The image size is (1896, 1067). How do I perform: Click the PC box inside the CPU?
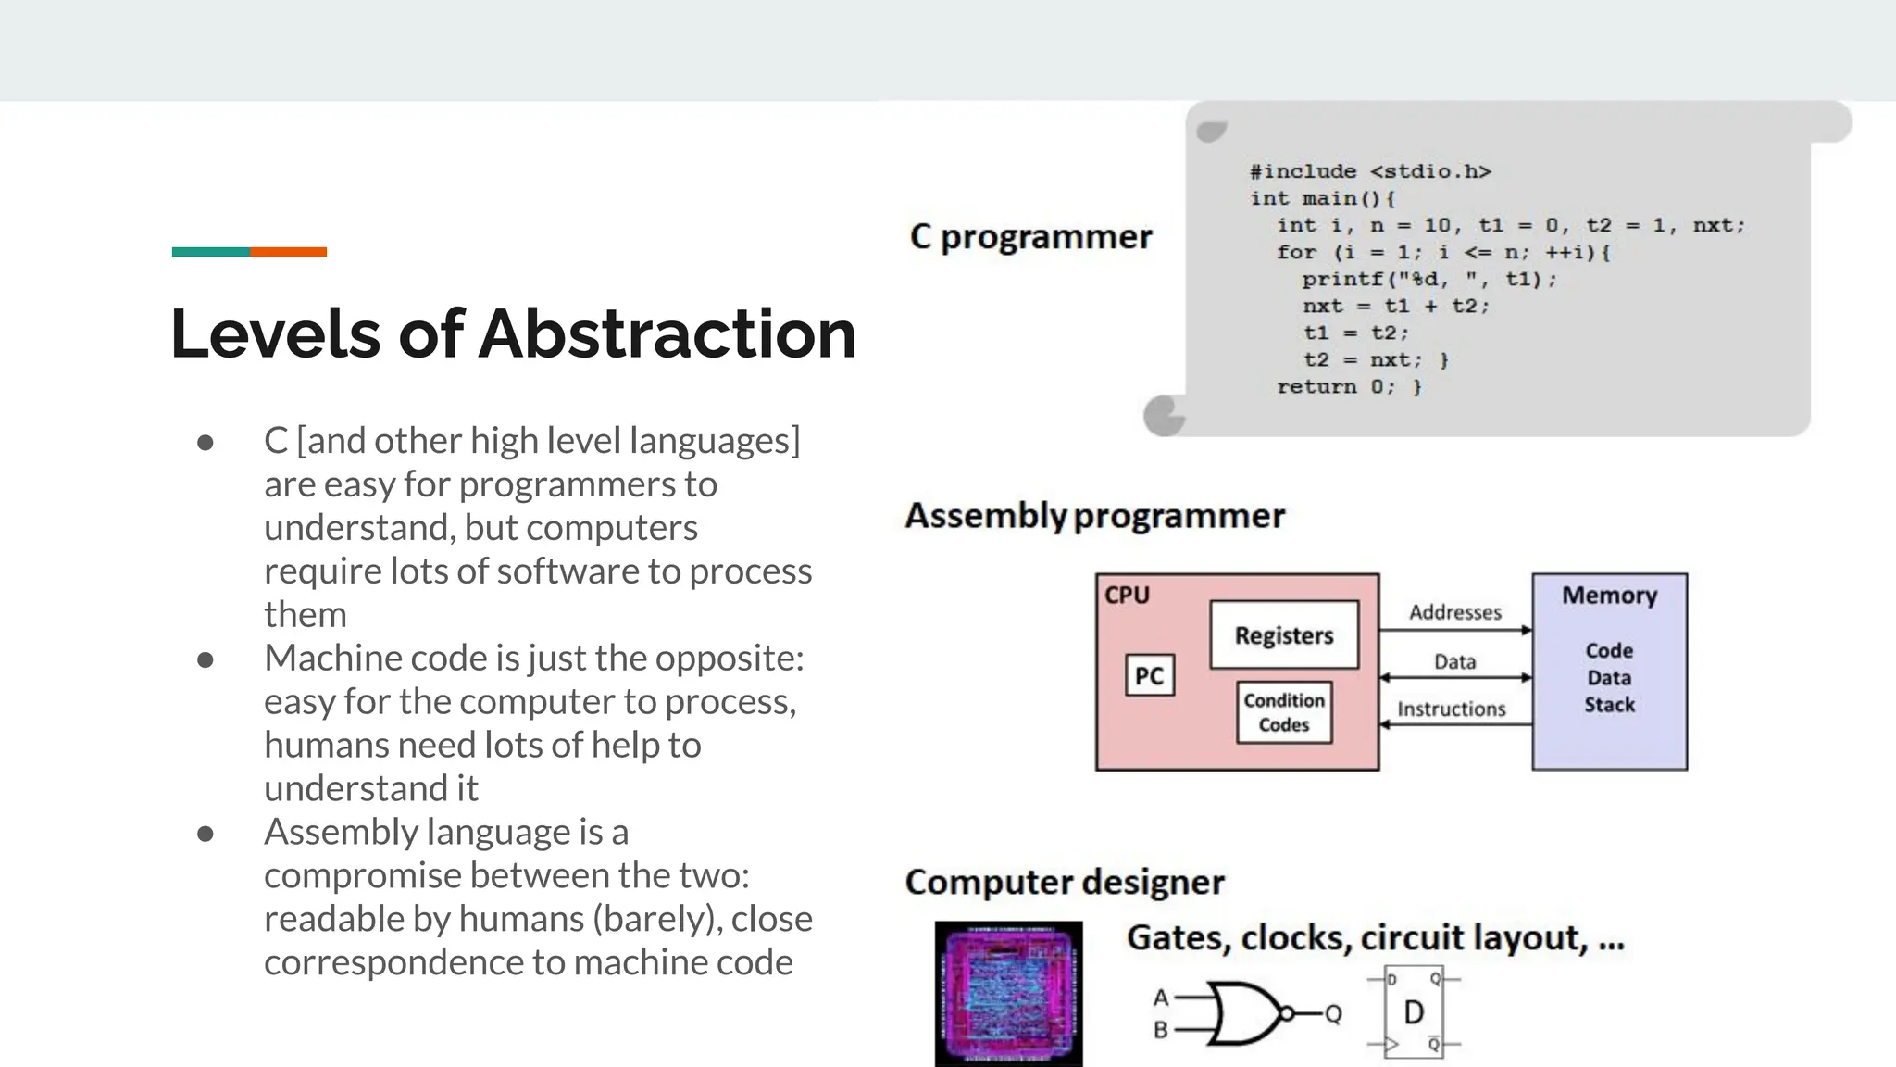coord(1150,676)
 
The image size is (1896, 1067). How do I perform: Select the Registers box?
coord(1284,635)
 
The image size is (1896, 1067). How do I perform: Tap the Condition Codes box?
coord(1284,712)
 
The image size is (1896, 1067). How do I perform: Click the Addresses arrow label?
coord(1454,612)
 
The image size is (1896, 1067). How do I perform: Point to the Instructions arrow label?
coord(1451,709)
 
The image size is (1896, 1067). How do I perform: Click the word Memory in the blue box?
coord(1609,596)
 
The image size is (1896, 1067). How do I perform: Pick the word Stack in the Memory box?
coord(1609,705)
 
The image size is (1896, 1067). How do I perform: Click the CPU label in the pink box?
coord(1127,596)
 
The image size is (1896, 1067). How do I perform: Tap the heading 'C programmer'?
coord(1030,237)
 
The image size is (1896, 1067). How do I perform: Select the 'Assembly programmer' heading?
coord(1094,516)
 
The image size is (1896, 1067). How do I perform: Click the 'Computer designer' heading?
coord(1065,883)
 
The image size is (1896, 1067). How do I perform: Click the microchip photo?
coord(1008,993)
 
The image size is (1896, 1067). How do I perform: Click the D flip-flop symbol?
coord(1413,1013)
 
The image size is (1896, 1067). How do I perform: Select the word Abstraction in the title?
coord(667,333)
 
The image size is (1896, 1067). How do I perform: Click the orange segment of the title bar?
coord(288,252)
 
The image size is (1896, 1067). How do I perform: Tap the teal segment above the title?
coord(211,252)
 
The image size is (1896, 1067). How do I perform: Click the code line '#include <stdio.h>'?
coord(1370,172)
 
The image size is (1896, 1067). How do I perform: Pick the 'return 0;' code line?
coord(1348,387)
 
